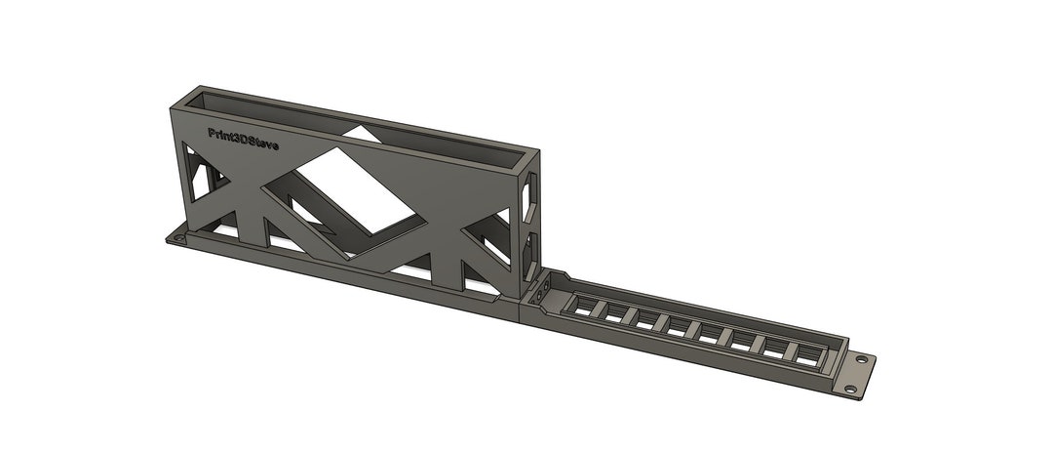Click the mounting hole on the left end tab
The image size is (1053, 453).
point(177,237)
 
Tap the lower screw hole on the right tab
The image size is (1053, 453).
point(850,389)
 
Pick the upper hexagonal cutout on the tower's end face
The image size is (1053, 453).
point(529,198)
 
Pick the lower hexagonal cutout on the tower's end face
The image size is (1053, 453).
point(530,245)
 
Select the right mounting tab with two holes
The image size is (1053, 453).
point(855,374)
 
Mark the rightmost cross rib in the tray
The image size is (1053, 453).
point(790,349)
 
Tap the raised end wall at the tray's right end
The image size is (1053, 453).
point(831,362)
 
